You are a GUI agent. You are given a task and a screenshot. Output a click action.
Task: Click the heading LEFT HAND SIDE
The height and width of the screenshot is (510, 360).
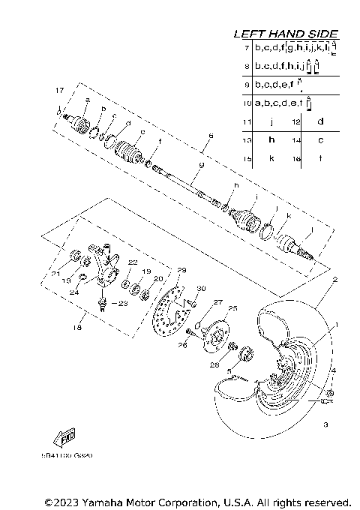pyautogui.click(x=286, y=34)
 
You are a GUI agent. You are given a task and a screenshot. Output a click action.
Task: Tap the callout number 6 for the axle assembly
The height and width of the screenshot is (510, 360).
pyautogui.click(x=211, y=136)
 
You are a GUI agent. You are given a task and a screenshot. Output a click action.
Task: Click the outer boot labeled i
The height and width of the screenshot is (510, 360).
pyautogui.click(x=244, y=212)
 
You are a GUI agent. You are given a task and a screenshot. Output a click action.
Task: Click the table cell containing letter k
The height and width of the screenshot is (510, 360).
pyautogui.click(x=271, y=158)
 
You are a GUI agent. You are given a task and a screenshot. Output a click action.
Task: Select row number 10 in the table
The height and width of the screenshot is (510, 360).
pyautogui.click(x=246, y=103)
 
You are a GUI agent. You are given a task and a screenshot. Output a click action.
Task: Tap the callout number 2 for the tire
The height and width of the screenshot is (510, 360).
pyautogui.click(x=325, y=279)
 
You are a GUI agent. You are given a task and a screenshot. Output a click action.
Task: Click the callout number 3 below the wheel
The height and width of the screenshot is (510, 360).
pyautogui.click(x=325, y=425)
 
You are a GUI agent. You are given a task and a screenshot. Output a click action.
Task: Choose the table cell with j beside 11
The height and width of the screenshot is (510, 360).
pyautogui.click(x=271, y=121)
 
